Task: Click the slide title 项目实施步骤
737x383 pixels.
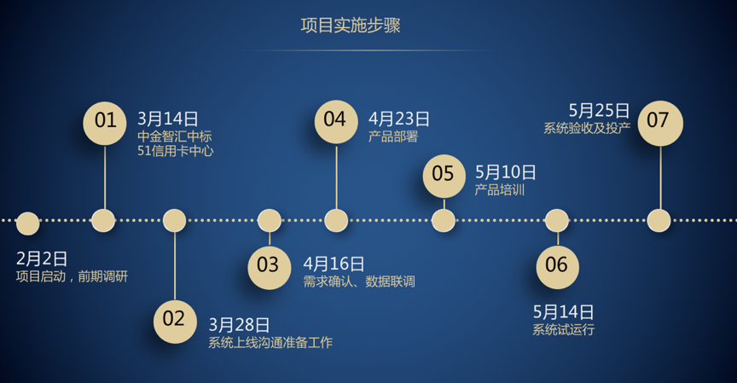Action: pyautogui.click(x=351, y=26)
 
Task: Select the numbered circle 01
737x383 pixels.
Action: pyautogui.click(x=105, y=123)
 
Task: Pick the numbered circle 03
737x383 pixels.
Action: pyautogui.click(x=270, y=267)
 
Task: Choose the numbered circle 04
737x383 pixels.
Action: pyautogui.click(x=336, y=122)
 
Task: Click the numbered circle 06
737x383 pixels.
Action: pyautogui.click(x=558, y=267)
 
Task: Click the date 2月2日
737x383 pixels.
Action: pyautogui.click(x=42, y=259)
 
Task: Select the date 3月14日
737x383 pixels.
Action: pyautogui.click(x=168, y=119)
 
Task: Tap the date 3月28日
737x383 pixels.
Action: pyautogui.click(x=239, y=325)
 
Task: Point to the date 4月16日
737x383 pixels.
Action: pyautogui.click(x=334, y=264)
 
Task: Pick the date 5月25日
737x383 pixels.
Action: pyautogui.click(x=600, y=111)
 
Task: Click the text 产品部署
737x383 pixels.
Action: pyautogui.click(x=393, y=136)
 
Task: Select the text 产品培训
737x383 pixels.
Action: pyautogui.click(x=500, y=190)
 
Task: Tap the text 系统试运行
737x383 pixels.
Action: pyautogui.click(x=564, y=329)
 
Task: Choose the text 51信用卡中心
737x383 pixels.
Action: pyautogui.click(x=176, y=151)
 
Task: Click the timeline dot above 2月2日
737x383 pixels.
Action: pyautogui.click(x=28, y=223)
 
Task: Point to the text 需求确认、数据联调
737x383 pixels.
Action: pyautogui.click(x=359, y=281)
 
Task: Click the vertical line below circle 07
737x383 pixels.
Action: pyautogui.click(x=660, y=177)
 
